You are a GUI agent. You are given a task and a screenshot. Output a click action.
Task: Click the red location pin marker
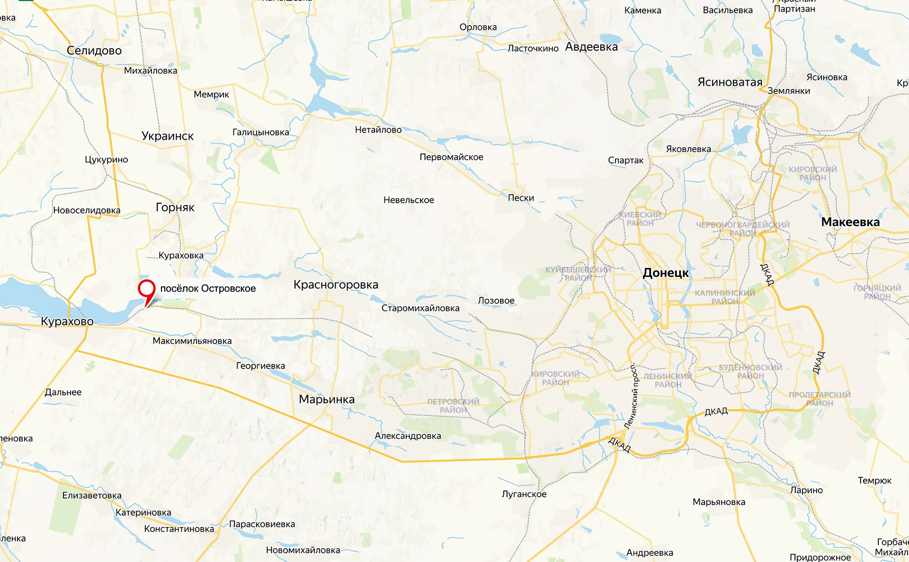click(x=147, y=289)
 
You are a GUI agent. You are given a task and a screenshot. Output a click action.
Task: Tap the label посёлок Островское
click(x=208, y=288)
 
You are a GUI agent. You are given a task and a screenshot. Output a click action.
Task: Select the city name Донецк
click(x=665, y=273)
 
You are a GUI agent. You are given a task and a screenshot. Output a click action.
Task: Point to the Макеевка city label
click(x=850, y=222)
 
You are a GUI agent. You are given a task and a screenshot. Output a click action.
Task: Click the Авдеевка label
click(x=591, y=47)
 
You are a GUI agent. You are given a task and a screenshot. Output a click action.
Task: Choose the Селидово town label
click(x=94, y=50)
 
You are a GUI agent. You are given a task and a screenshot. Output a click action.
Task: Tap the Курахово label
click(x=67, y=321)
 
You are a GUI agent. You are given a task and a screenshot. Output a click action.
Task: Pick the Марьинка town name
click(x=327, y=399)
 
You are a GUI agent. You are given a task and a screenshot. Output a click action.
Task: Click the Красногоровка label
click(x=336, y=285)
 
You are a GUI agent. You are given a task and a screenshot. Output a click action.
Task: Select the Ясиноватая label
click(x=730, y=82)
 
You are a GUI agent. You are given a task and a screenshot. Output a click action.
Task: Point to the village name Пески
click(x=521, y=198)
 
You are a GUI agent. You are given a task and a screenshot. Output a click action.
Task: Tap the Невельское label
click(x=409, y=200)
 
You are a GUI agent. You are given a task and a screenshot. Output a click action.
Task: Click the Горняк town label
click(x=175, y=207)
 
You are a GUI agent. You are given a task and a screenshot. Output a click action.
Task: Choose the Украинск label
click(x=168, y=136)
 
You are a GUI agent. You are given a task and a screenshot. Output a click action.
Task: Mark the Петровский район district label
click(x=453, y=406)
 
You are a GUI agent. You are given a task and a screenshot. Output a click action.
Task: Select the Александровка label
click(x=408, y=436)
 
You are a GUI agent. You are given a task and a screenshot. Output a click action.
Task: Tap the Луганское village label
click(x=524, y=494)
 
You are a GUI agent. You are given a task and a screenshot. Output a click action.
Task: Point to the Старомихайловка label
click(x=420, y=308)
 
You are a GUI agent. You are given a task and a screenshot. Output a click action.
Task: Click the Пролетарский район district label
click(x=820, y=399)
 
